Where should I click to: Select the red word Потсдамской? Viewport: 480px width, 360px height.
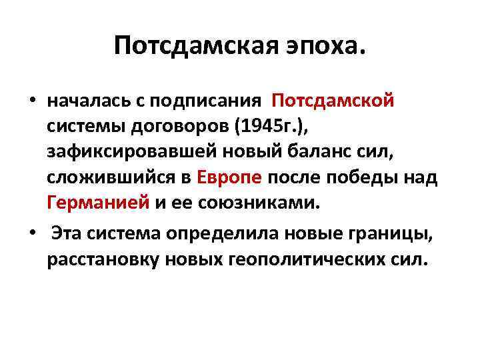[333, 101]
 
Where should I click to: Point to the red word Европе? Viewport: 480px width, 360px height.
[231, 178]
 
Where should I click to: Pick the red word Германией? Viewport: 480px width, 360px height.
[98, 203]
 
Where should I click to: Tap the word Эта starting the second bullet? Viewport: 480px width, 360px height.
[70, 234]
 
